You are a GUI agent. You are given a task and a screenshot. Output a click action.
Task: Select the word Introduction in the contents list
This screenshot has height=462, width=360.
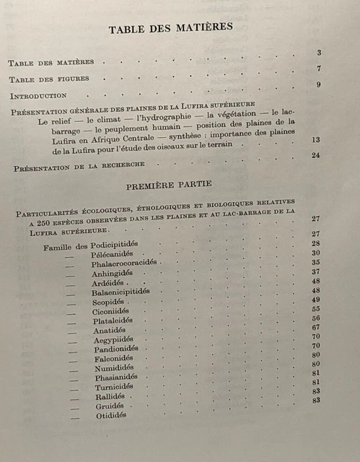pos(38,95)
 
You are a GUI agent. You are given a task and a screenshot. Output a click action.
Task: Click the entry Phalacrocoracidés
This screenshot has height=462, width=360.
pos(124,263)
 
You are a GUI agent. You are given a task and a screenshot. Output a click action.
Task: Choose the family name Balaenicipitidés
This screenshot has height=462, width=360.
pos(121,292)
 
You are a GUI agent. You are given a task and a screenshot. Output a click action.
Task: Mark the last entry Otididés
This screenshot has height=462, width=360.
pos(111,415)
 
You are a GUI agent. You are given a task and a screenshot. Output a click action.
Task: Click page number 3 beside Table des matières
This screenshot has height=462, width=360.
pos(318,53)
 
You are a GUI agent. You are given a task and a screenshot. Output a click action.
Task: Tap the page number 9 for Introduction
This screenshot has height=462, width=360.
pos(318,85)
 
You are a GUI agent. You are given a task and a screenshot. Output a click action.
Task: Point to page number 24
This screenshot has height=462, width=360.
pos(315,155)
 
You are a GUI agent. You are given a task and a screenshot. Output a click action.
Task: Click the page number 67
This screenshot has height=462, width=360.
pos(316,327)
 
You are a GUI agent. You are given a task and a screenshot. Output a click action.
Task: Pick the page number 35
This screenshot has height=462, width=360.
pos(316,262)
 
